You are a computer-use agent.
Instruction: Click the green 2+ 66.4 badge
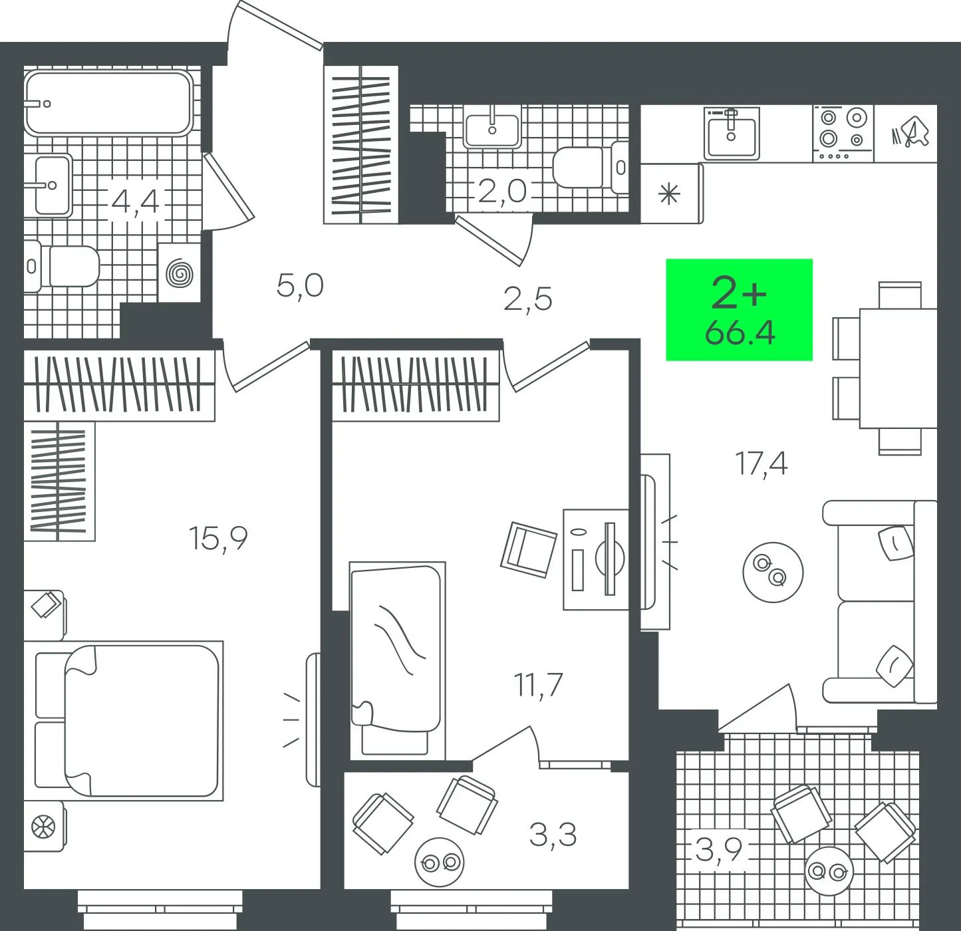[739, 310]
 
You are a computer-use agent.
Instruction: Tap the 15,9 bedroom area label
[217, 539]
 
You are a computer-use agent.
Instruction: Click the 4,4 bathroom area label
[135, 201]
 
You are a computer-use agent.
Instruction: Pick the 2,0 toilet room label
[501, 191]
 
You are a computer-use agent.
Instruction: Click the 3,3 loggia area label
[553, 835]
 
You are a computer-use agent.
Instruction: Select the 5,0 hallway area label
[300, 285]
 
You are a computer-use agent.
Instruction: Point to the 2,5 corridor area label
[527, 299]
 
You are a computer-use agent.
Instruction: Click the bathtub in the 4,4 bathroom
[108, 103]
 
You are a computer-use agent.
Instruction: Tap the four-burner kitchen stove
[843, 134]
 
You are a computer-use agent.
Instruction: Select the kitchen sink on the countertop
[732, 134]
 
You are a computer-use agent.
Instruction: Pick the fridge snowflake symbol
[670, 194]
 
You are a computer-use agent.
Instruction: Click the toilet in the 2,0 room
[591, 168]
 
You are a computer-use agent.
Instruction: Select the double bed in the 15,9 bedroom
[128, 721]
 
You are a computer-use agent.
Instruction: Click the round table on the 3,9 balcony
[829, 870]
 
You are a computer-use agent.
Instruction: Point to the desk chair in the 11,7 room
[529, 549]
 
